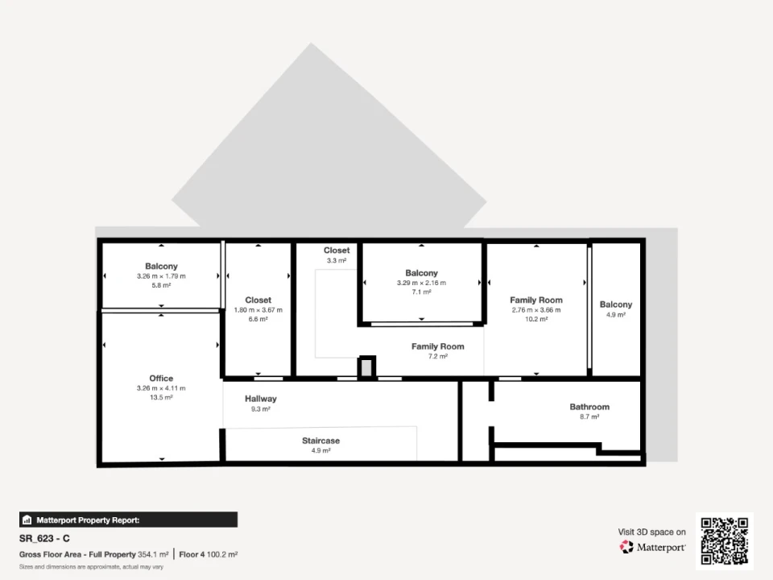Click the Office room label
click(161, 379)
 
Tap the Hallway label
click(261, 399)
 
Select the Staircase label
click(321, 441)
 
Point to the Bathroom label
click(589, 407)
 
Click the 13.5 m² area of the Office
click(161, 397)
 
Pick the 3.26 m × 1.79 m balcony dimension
click(161, 276)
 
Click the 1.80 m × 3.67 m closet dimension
click(258, 310)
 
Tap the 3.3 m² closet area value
click(337, 260)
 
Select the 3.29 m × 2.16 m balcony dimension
click(421, 283)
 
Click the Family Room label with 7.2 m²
click(438, 346)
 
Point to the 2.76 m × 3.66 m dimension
click(536, 310)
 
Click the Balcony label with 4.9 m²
click(616, 304)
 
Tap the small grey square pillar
click(366, 368)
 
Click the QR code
click(725, 541)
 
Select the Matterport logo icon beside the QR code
click(626, 547)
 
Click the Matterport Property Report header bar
click(128, 520)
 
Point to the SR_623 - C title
click(44, 539)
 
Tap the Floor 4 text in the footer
click(192, 554)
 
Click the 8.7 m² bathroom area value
click(589, 416)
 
